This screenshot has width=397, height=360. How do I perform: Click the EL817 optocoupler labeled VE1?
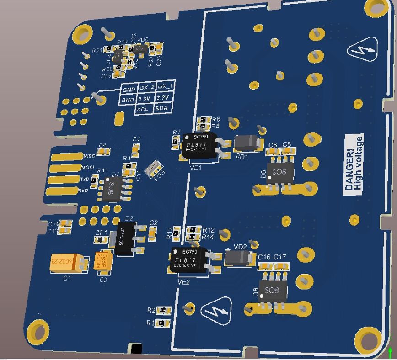(x=200, y=146)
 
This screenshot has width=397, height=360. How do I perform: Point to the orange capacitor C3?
(x=103, y=262)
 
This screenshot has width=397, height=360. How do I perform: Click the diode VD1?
(x=247, y=143)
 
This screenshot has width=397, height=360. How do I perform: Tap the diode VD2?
(x=239, y=258)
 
